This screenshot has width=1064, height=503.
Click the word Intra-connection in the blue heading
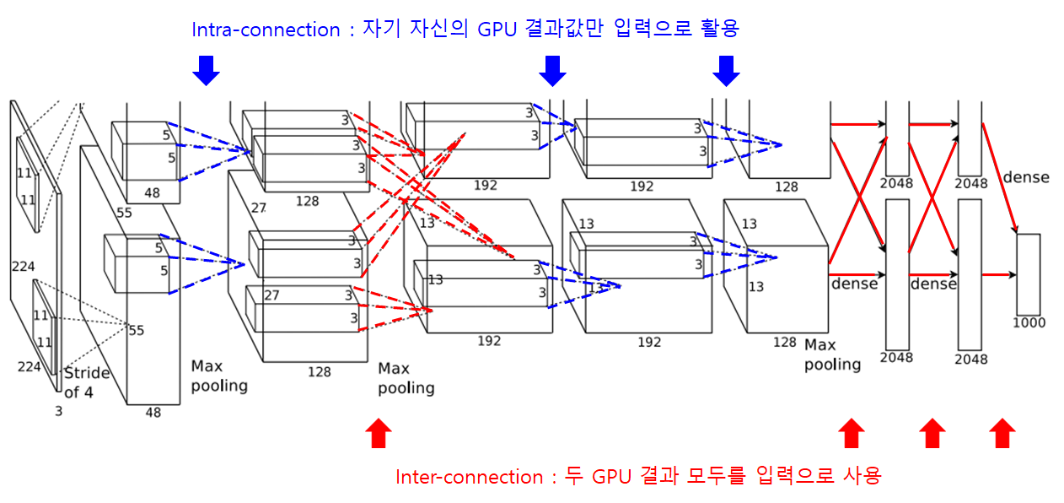pyautogui.click(x=266, y=30)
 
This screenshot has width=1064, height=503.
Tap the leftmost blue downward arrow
pyautogui.click(x=206, y=71)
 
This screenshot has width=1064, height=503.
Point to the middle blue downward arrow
pyautogui.click(x=552, y=71)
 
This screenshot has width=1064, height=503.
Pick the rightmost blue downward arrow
pyautogui.click(x=726, y=71)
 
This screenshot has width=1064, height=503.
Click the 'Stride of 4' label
pyautogui.click(x=87, y=382)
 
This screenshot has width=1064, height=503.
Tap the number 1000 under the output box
pyautogui.click(x=1029, y=322)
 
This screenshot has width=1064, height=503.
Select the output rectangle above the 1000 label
pyautogui.click(x=1029, y=274)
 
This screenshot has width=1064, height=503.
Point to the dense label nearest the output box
pyautogui.click(x=1025, y=177)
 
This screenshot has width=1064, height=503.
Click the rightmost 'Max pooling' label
pyautogui.click(x=832, y=354)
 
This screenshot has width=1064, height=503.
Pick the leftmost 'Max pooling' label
pyautogui.click(x=219, y=376)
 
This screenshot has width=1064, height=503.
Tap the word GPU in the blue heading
pyautogui.click(x=498, y=30)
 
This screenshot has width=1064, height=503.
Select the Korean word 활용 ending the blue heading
pyautogui.click(x=719, y=30)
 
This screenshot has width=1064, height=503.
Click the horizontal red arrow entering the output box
pyautogui.click(x=999, y=274)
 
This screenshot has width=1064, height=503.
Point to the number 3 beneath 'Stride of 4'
pyautogui.click(x=58, y=412)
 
